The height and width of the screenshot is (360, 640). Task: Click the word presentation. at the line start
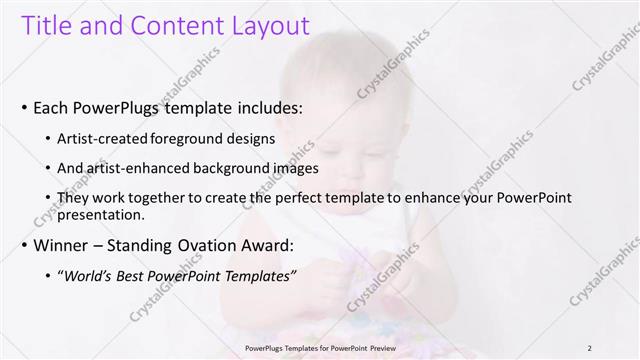click(x=103, y=214)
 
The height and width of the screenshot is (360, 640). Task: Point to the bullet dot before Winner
click(x=24, y=244)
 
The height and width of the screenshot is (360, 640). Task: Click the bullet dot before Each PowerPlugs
click(x=24, y=107)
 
